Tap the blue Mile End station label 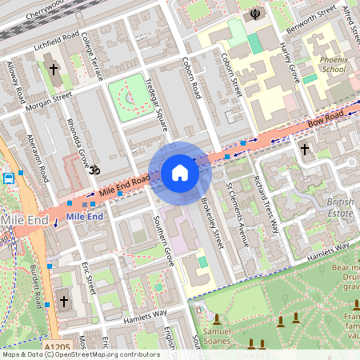tap(84, 216)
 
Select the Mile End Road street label tap(124, 187)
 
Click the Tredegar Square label tap(158, 109)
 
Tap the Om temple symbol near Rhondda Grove tap(93, 170)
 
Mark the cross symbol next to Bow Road tap(304, 149)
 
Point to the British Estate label tap(339, 208)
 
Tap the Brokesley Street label tap(210, 222)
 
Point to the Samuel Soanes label tap(222, 336)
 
